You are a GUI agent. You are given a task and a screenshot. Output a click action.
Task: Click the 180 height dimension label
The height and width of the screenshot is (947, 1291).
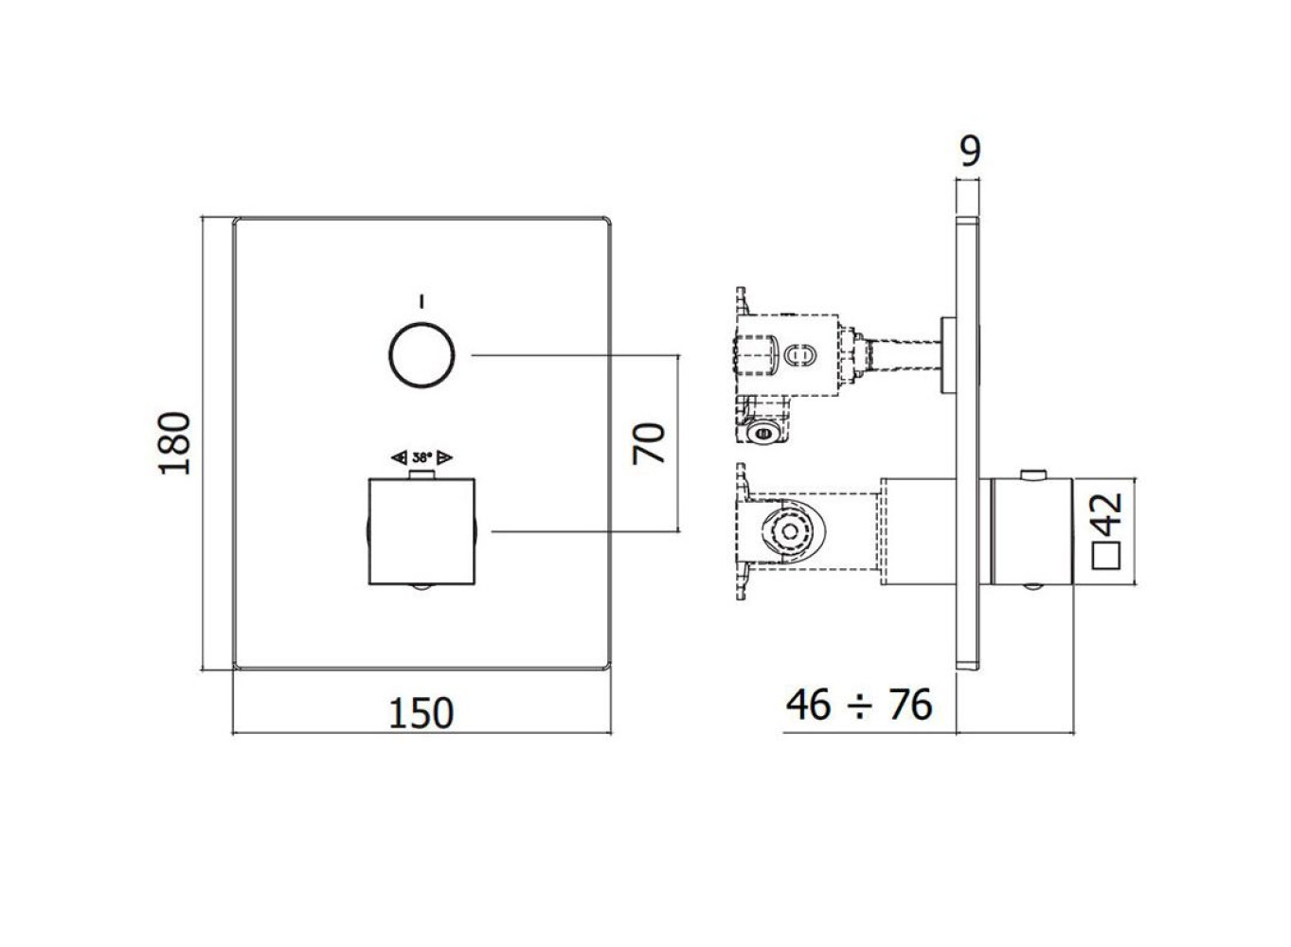pos(174,443)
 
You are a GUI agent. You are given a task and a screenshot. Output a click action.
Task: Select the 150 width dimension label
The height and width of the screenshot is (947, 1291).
pos(421,713)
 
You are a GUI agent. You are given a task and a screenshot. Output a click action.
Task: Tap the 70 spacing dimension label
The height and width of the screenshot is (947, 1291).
pos(649,444)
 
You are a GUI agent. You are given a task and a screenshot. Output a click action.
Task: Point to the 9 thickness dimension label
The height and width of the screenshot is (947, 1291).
pos(971,152)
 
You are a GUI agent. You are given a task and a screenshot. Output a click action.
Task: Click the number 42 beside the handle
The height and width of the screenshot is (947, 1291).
pos(1106,515)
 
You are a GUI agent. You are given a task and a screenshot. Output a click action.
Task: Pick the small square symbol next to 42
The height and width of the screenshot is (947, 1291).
pos(1106,556)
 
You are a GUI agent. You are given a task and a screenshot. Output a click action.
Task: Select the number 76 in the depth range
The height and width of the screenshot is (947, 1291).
pos(910,705)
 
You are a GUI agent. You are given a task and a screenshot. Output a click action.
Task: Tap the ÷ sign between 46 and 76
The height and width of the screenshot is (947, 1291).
pos(860,706)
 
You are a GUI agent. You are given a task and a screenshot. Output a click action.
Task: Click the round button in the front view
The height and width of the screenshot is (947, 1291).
pos(421,356)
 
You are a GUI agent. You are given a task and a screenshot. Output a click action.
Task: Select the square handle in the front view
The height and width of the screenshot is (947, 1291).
pos(421,531)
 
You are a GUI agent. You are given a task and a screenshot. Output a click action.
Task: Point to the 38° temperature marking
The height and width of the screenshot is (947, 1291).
pos(421,457)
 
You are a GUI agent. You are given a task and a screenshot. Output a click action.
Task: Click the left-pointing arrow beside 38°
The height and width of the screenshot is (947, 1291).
pos(399,458)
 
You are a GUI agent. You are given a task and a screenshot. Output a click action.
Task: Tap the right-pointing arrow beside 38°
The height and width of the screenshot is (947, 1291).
pos(445,458)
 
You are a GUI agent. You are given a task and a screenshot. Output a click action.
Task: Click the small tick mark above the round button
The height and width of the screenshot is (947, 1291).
pos(421,301)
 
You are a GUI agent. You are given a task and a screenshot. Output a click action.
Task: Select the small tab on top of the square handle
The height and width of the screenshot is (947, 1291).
pos(421,474)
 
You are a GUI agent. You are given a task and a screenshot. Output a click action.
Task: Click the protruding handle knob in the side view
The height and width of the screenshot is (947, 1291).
pos(1031,531)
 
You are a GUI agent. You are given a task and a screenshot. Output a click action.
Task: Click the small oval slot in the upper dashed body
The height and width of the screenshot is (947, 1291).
pos(800,356)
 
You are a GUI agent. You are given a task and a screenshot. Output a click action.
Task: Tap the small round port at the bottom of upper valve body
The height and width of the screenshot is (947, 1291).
pos(766,432)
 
